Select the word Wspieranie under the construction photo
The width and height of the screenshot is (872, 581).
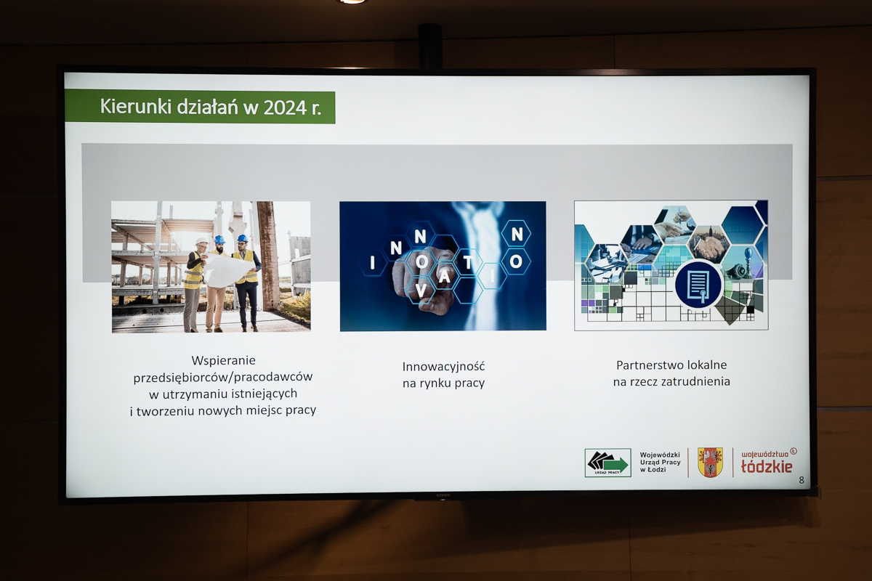pyautogui.click(x=224, y=360)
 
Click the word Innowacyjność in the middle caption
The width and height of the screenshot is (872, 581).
pyautogui.click(x=443, y=367)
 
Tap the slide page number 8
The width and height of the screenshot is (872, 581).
pyautogui.click(x=801, y=480)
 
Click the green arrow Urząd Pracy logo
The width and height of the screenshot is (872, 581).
pyautogui.click(x=607, y=463)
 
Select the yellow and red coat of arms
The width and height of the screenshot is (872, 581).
pyautogui.click(x=710, y=463)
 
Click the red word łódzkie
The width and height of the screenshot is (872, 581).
pyautogui.click(x=767, y=466)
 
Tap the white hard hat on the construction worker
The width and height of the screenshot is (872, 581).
pyautogui.click(x=201, y=241)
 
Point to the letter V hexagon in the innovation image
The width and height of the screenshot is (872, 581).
pyautogui.click(x=421, y=290)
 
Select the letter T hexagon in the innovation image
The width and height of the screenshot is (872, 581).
pyautogui.click(x=467, y=263)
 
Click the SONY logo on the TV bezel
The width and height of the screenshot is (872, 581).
pyautogui.click(x=443, y=495)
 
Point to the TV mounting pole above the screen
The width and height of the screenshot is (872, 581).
pyautogui.click(x=429, y=46)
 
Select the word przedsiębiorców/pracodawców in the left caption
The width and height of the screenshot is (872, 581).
pyautogui.click(x=223, y=377)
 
